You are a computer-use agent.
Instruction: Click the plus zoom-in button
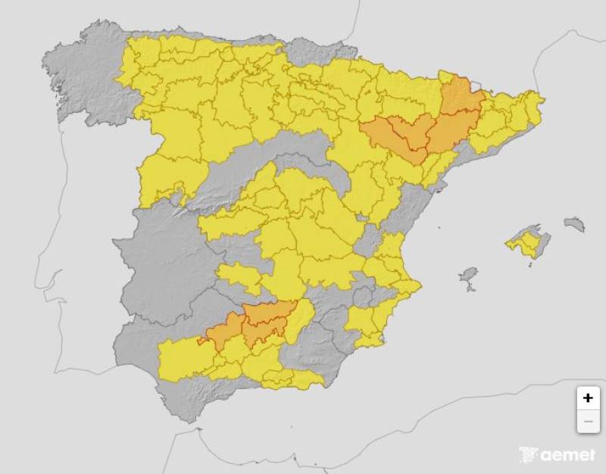588,398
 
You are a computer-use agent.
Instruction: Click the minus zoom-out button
588,421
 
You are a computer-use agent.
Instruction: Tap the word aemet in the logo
567,456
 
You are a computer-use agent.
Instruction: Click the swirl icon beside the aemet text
529,455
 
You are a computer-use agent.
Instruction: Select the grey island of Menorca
574,223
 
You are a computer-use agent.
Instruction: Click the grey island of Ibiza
469,274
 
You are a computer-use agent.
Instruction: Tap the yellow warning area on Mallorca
526,244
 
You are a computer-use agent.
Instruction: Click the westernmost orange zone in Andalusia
223,333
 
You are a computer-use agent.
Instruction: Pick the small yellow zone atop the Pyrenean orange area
448,77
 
